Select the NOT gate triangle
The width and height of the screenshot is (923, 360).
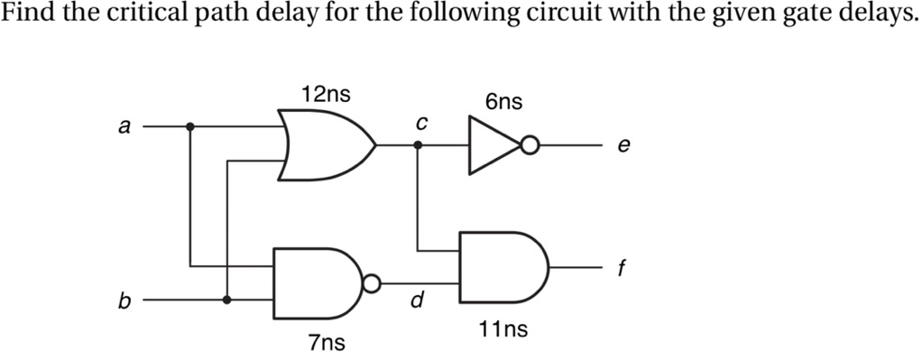tap(492, 144)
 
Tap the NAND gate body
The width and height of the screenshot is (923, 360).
tap(316, 282)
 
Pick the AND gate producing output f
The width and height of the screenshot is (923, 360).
tap(502, 268)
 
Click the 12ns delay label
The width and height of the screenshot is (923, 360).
tap(327, 94)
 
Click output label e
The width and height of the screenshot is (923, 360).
tap(623, 145)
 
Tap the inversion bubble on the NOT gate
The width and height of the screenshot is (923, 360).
tap(531, 144)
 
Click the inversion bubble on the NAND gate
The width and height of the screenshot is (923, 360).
tap(370, 283)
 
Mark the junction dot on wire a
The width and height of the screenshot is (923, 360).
tap(189, 127)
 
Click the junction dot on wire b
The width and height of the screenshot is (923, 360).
tap(226, 300)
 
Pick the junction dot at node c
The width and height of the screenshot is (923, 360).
tap(417, 144)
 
